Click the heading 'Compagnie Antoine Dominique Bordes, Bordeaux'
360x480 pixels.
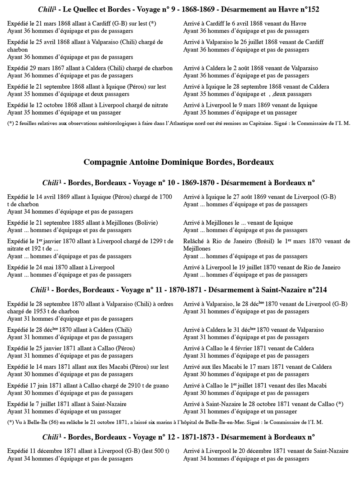pos(179,162)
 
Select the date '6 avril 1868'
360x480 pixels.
pos(255,23)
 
